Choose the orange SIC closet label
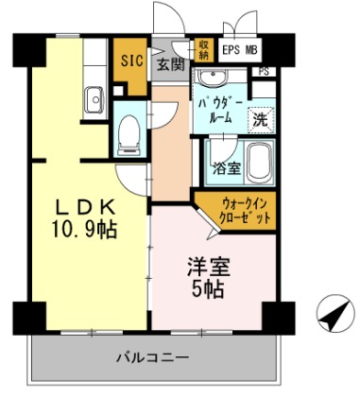pyautogui.click(x=129, y=61)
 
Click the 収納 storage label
pyautogui.click(x=204, y=49)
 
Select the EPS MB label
pyautogui.click(x=242, y=50)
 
